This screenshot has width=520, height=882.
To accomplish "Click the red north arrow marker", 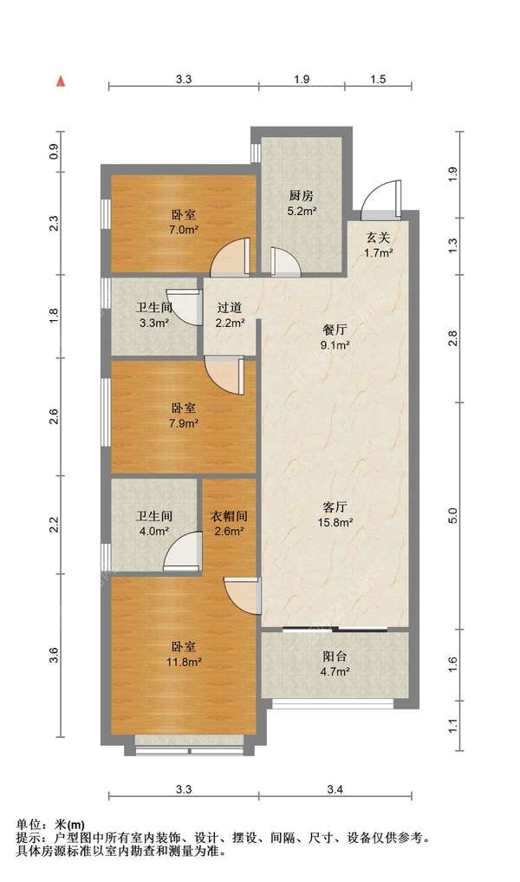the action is click(62, 81).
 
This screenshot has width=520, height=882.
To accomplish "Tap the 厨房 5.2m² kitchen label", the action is click(302, 203).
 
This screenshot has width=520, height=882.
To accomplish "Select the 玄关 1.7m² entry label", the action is click(378, 245).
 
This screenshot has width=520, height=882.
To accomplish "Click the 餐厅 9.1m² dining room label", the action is click(335, 337).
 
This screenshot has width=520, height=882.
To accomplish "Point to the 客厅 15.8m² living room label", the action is click(335, 514).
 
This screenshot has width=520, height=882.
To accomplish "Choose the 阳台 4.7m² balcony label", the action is click(335, 663).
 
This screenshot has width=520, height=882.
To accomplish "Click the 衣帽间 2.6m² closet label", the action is click(229, 523).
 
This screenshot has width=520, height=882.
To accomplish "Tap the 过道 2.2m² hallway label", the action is click(230, 315).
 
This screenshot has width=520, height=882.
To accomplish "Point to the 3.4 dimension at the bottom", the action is click(335, 790).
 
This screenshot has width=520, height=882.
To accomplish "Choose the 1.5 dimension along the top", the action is click(379, 79).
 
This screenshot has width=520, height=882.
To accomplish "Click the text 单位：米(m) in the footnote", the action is click(50, 825).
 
